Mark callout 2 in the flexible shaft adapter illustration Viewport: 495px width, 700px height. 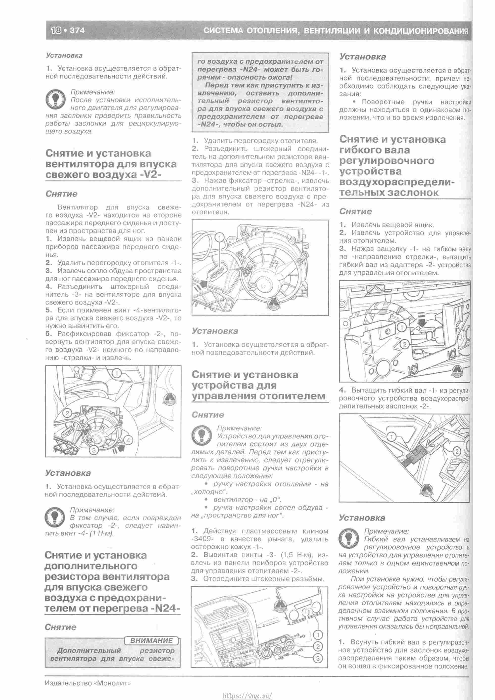[404, 344]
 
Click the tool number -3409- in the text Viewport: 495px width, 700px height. [204, 539]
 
